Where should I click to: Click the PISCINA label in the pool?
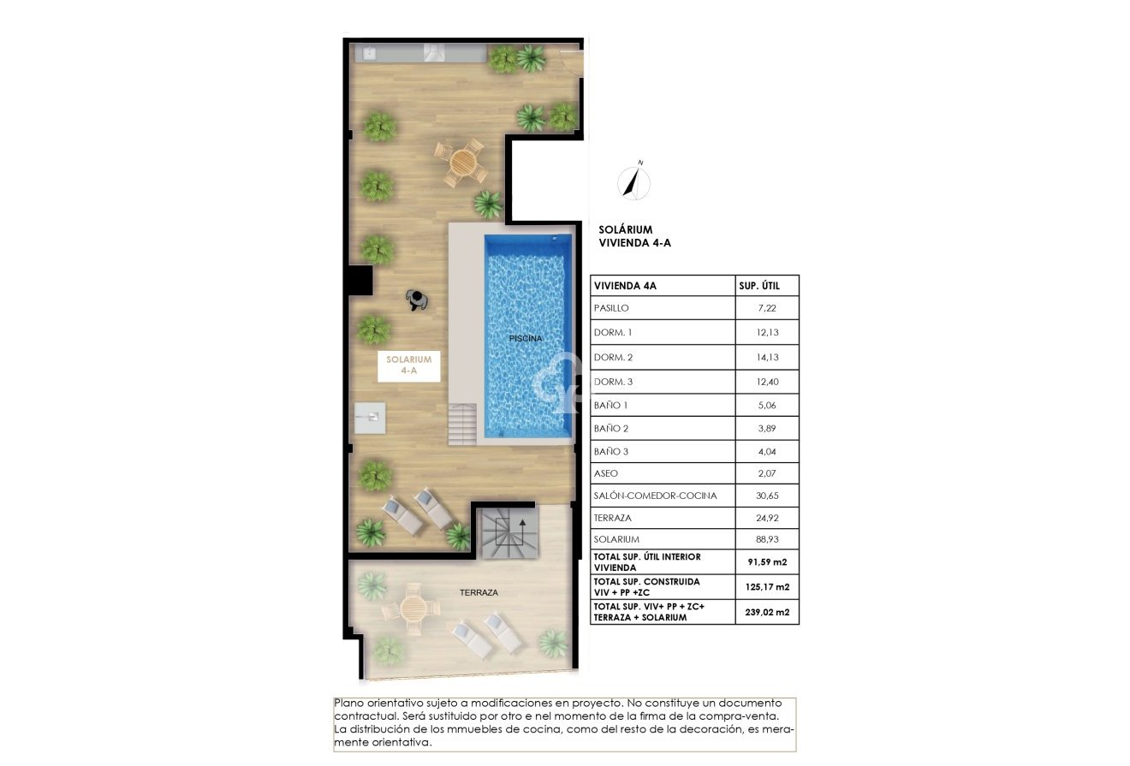[526, 338]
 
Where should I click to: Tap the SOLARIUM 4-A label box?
[409, 366]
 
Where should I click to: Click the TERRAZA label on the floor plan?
[479, 591]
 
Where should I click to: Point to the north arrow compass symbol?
[634, 181]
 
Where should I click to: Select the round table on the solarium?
[461, 162]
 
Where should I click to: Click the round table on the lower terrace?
[414, 607]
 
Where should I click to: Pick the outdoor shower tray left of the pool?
[370, 418]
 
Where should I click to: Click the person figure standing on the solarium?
[418, 299]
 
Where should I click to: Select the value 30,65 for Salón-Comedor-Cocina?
[766, 496]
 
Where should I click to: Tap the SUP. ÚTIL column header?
[766, 286]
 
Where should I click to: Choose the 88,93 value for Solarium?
[766, 539]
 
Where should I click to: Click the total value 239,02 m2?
[766, 612]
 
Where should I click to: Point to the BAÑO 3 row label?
[611, 451]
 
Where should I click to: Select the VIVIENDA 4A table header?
[625, 286]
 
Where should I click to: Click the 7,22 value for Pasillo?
[766, 307]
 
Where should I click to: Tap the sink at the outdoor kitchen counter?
[370, 53]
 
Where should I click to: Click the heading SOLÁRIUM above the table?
[627, 229]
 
